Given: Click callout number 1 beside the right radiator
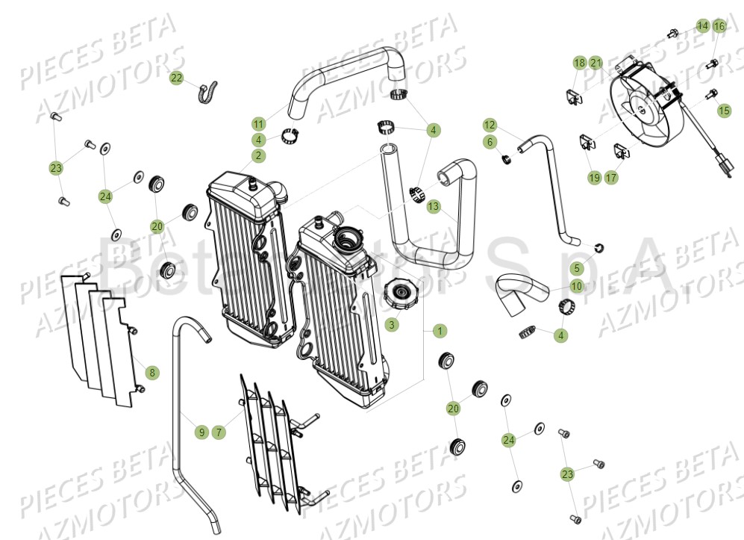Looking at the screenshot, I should point(440,330).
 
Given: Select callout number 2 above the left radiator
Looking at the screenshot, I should point(258,155).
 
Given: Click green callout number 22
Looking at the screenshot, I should point(176,78).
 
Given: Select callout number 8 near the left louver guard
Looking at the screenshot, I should point(151,371).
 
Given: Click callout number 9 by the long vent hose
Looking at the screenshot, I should point(201,431).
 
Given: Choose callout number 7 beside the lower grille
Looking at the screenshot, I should point(218,431).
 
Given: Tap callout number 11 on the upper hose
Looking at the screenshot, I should point(258,123).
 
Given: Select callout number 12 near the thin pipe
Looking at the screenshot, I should point(490,125).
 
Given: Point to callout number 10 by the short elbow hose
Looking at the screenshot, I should point(577,286).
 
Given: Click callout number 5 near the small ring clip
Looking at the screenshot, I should point(577,267).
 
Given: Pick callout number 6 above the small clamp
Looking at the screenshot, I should point(490,141).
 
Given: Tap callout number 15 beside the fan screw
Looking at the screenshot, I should point(724,110).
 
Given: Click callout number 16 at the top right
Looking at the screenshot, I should point(719,26).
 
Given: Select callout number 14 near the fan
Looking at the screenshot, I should point(702,26).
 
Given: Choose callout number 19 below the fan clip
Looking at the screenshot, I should point(594,177).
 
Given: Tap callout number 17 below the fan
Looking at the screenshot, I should point(611,177).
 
